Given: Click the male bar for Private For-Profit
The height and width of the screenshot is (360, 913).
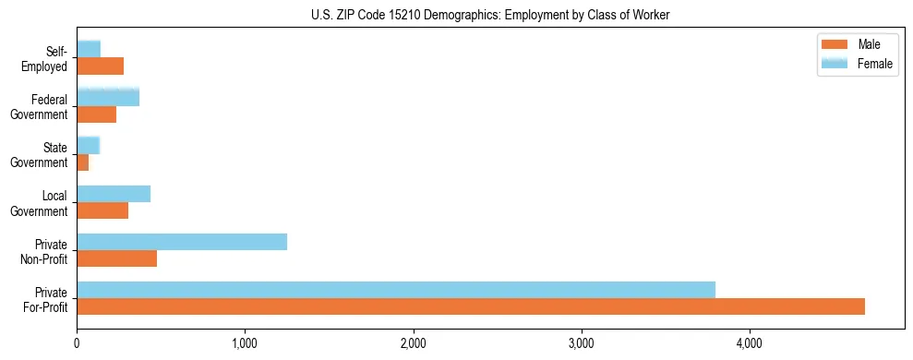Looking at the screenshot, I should pos(471,306).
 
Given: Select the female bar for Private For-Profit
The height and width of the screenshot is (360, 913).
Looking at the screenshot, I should pos(396,290).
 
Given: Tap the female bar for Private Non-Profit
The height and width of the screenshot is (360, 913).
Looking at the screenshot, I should pos(182,242).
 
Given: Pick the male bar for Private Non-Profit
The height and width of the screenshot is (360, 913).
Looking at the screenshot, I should pos(117,258).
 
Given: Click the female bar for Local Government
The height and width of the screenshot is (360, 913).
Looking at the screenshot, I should pos(114,194).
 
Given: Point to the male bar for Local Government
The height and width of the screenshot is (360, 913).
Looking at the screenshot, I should pos(102,210).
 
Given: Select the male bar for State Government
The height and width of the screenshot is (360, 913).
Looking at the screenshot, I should pos(83,162).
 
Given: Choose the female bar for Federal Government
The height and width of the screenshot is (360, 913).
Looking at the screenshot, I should pos(108,97).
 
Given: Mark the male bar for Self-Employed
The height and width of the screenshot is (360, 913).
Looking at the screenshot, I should pos(100,66).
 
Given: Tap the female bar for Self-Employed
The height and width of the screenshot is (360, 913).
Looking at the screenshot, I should pos(89,49).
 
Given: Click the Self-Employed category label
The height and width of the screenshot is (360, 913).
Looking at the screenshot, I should pos(47,58).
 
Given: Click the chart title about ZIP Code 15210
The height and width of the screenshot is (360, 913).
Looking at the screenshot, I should pos(490,14).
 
